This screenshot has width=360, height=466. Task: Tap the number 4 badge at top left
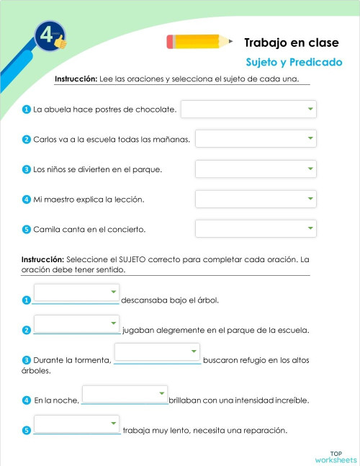tap(49, 37)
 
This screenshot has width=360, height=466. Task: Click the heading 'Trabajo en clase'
tap(292, 43)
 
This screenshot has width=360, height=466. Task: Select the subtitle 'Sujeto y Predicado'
tap(294, 63)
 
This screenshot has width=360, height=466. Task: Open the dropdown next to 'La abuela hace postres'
tap(248, 109)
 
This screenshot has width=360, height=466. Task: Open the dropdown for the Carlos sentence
tap(256, 138)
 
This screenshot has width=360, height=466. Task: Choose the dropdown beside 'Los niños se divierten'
tap(256, 169)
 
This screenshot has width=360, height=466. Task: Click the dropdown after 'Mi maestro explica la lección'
tap(256, 199)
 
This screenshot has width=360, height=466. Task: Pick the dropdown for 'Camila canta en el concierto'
tap(256, 229)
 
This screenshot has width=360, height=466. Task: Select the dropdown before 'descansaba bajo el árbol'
tap(76, 292)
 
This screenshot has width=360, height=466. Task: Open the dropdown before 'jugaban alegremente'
tap(76, 323)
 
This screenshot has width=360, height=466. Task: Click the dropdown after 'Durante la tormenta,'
tap(157, 352)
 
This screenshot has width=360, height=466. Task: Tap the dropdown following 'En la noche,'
tap(125, 394)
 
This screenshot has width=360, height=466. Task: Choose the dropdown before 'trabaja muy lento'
tap(76, 424)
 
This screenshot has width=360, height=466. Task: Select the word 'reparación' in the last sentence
tap(264, 431)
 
